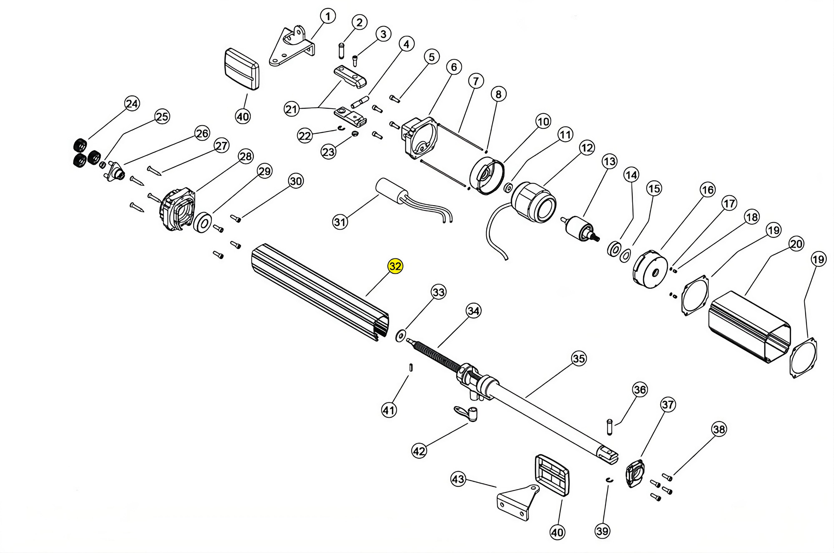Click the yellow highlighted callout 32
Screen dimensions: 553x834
pyautogui.click(x=395, y=266)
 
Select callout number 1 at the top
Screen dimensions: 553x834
pyautogui.click(x=328, y=16)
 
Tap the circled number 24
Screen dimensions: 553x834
pyautogui.click(x=132, y=104)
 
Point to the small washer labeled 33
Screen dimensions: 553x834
pyautogui.click(x=400, y=336)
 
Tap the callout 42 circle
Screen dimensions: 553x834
pyautogui.click(x=419, y=451)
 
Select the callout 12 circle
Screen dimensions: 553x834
pyautogui.click(x=587, y=148)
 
